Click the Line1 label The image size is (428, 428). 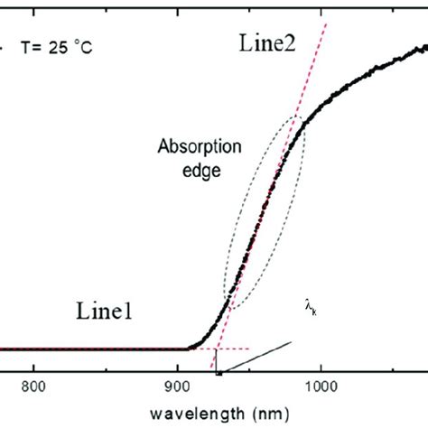[x=106, y=314]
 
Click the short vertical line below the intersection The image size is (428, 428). [x=217, y=358]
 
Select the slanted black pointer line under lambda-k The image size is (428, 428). [x=257, y=357]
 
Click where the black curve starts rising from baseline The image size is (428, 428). [x=190, y=347]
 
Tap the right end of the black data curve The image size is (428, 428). [x=425, y=42]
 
